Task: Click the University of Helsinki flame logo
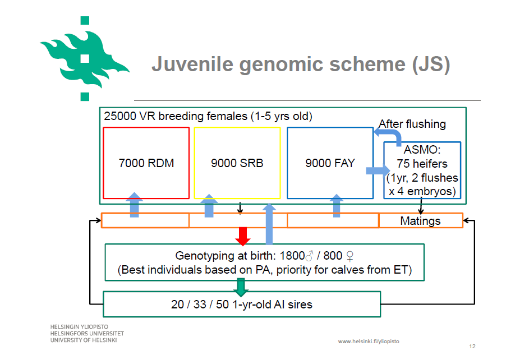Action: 84,59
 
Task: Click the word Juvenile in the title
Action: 192,64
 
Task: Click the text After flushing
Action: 412,124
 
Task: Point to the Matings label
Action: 420,221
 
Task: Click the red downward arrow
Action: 243,236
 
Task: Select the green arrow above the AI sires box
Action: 241,287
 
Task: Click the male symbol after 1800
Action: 309,256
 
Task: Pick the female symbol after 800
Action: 350,256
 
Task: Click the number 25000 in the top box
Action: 119,116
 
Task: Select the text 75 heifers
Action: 422,164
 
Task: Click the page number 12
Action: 472,346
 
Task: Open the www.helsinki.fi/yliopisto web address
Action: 369,341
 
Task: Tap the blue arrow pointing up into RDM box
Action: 134,205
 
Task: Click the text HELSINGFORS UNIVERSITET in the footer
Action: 87,334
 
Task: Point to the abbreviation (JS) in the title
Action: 431,64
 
